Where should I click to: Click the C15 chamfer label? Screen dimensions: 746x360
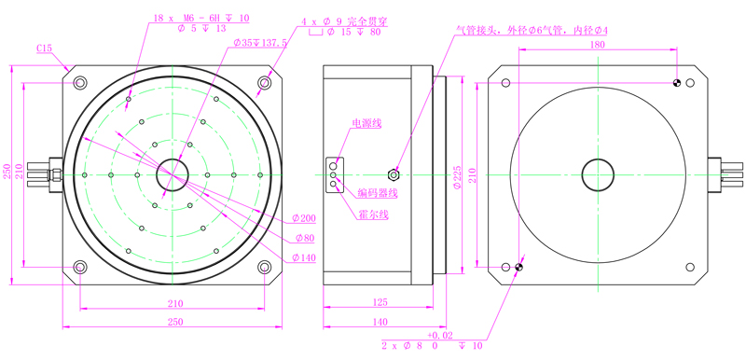(44, 48)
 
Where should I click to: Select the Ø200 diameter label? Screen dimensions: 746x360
(304, 218)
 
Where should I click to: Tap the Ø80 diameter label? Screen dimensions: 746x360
(305, 238)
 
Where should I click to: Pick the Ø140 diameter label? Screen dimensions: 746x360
(304, 257)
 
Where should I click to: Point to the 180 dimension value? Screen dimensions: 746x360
(597, 45)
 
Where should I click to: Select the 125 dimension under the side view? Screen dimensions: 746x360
(380, 302)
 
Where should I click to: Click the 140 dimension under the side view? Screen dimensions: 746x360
(380, 322)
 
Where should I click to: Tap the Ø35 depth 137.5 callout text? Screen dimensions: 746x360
(260, 42)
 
